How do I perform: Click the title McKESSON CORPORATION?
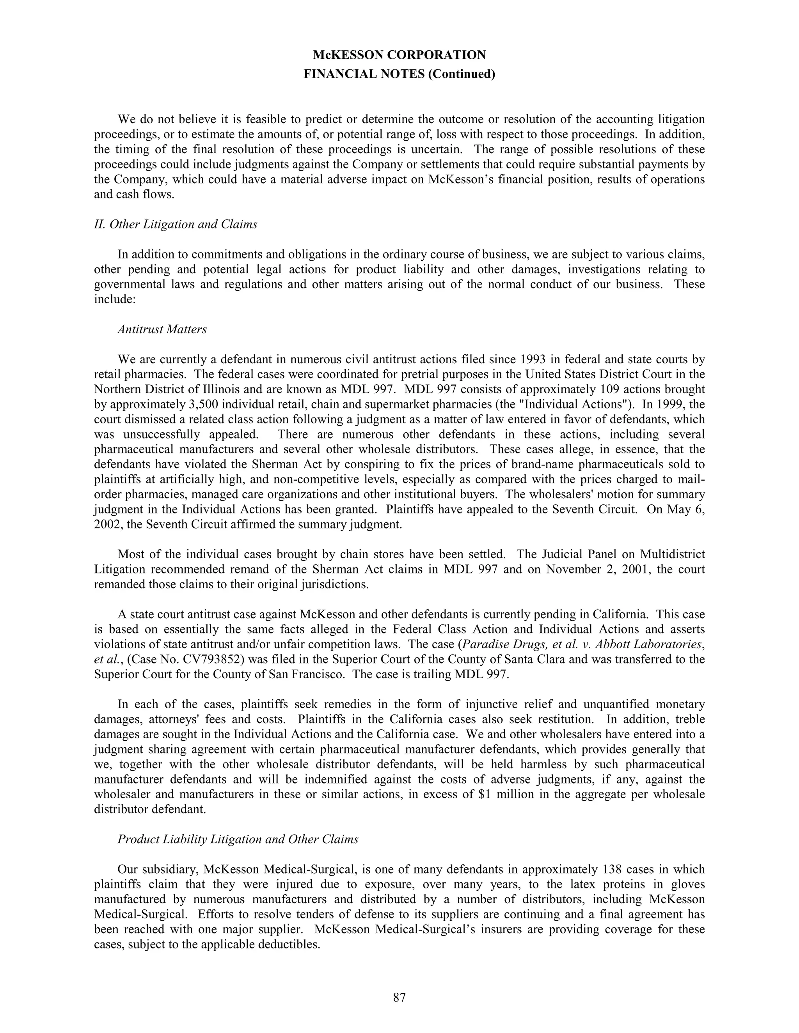[399, 55]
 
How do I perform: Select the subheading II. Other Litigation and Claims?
[176, 224]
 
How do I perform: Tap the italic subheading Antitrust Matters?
[162, 330]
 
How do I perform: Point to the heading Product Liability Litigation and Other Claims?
[238, 839]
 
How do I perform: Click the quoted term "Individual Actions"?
[575, 404]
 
